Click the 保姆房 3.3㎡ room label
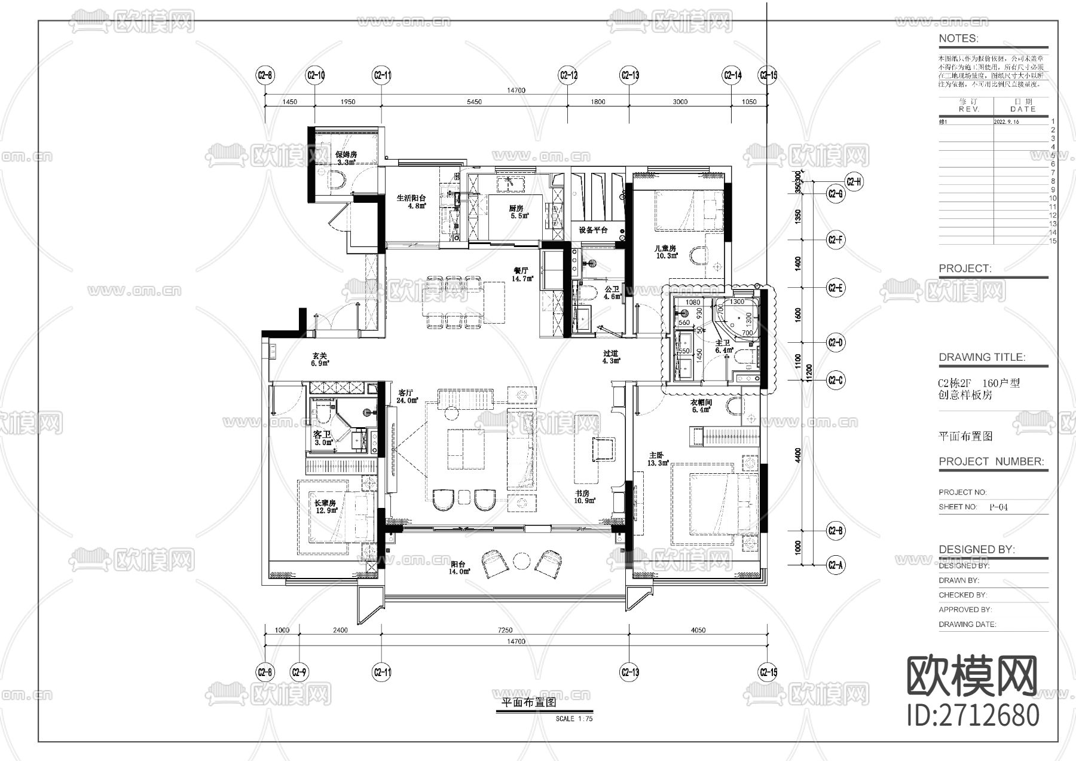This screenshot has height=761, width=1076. [346, 158]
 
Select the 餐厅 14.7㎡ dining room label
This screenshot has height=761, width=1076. [522, 274]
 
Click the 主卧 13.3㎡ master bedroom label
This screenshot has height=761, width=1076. [658, 459]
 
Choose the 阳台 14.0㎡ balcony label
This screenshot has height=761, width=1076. [460, 567]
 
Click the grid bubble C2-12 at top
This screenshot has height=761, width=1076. [568, 75]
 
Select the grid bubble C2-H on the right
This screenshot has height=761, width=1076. [854, 182]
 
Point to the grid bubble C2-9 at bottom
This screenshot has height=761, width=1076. [299, 672]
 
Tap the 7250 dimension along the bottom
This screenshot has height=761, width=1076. [505, 630]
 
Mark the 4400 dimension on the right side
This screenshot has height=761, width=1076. [797, 456]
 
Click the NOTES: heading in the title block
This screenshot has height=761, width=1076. [958, 38]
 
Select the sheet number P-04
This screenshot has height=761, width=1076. [998, 507]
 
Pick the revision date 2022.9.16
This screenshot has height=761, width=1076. [1006, 121]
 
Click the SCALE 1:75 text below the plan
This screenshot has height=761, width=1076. [574, 719]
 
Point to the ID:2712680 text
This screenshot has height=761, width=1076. [973, 715]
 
